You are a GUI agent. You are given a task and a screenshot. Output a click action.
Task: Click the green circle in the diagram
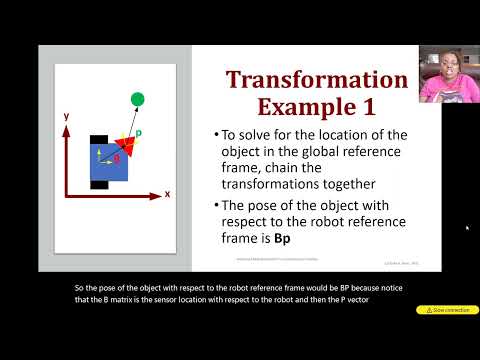point(137,98)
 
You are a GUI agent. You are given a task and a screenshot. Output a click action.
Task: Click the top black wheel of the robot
point(100,137)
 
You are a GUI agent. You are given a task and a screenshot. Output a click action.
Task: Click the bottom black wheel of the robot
point(100,184)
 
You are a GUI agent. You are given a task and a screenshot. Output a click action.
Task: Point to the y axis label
point(66,116)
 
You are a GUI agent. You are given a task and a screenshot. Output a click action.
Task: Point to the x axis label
point(167,193)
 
